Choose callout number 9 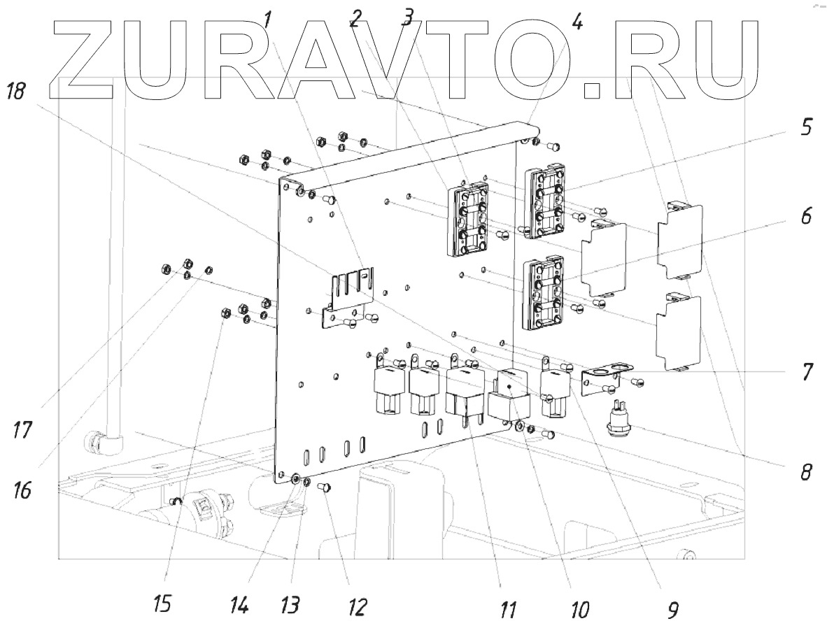tap(672, 610)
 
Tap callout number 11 tap(509, 610)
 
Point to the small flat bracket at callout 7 tap(607, 371)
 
